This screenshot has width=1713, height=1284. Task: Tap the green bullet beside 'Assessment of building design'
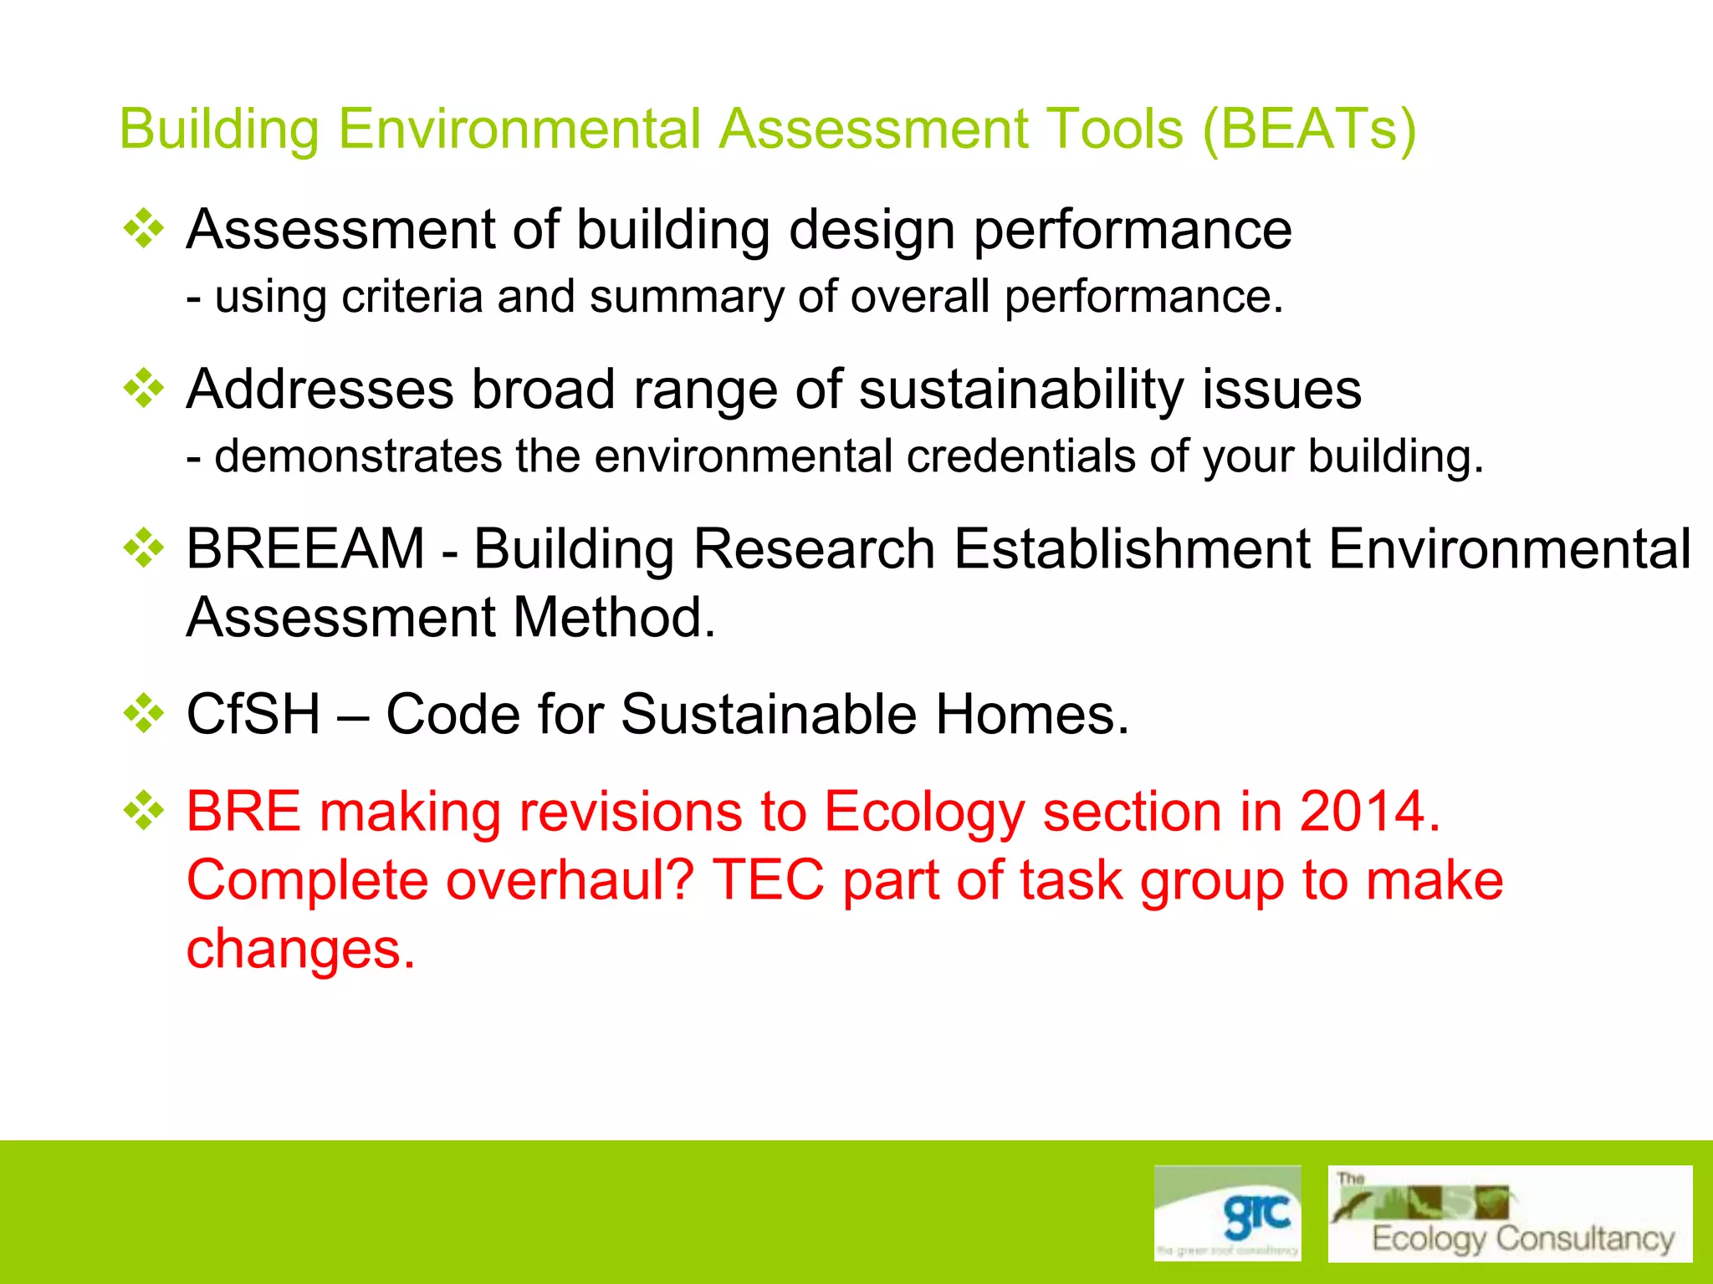[x=144, y=228]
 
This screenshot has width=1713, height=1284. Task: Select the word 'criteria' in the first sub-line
[x=412, y=297]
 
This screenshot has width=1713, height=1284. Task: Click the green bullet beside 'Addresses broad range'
[x=144, y=389]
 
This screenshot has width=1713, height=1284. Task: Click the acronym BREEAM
[x=305, y=549]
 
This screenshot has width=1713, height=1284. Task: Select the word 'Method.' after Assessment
[x=614, y=618]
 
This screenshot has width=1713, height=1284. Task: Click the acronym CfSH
[x=253, y=715]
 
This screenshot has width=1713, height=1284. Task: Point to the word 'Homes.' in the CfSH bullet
[x=1031, y=715]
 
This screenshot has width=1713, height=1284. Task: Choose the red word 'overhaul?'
[x=570, y=880]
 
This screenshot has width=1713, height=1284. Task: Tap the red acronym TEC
[x=768, y=880]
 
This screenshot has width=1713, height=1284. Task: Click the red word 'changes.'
[x=300, y=949]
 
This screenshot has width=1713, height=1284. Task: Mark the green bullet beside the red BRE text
[x=144, y=811]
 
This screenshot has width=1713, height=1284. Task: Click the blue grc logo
[x=1227, y=1212]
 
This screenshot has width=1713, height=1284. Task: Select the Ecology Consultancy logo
[x=1510, y=1214]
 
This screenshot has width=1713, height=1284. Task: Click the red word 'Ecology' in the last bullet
[x=924, y=812]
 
